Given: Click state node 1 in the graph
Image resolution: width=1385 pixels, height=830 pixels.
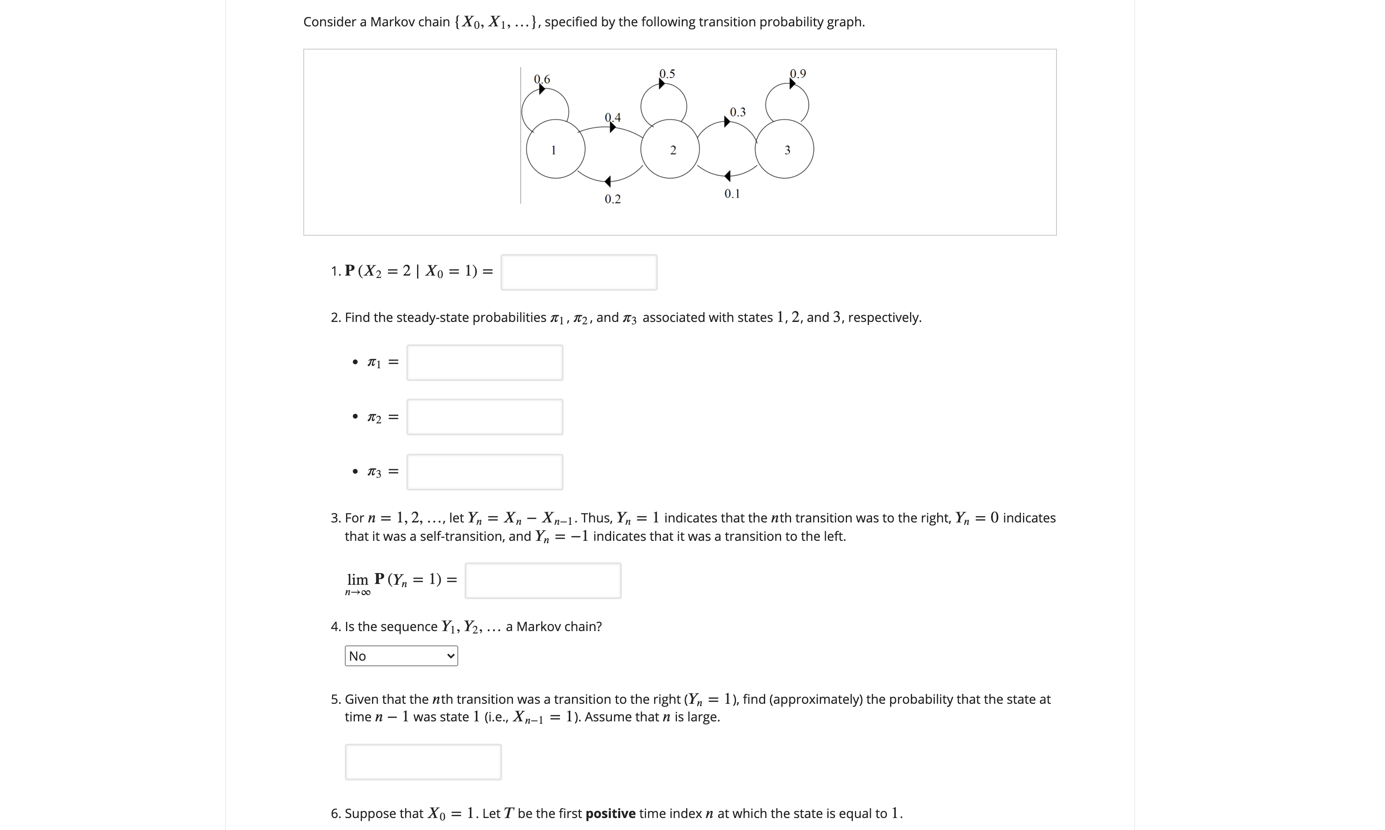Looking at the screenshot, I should tap(556, 149).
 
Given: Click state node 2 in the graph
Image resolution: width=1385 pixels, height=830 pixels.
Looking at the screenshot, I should tap(670, 149).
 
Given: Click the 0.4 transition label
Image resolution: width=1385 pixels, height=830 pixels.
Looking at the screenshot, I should tap(613, 117).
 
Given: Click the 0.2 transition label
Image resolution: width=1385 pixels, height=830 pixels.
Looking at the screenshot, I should tap(613, 199).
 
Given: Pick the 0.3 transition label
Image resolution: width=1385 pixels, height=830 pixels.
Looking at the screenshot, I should tap(738, 112).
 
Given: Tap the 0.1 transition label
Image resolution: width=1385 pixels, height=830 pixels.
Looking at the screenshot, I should tap(732, 193).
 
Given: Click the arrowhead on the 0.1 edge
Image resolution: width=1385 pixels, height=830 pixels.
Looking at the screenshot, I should tap(727, 176).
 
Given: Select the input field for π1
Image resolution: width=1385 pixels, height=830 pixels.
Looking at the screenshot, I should tap(485, 362).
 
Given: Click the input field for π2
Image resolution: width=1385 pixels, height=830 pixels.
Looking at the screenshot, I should tap(485, 417).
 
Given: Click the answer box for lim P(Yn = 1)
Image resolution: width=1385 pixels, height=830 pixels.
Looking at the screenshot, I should tap(543, 580).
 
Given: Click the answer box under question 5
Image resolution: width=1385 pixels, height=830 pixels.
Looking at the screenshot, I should tap(423, 762).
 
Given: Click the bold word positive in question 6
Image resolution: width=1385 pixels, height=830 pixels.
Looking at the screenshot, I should tap(610, 813).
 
